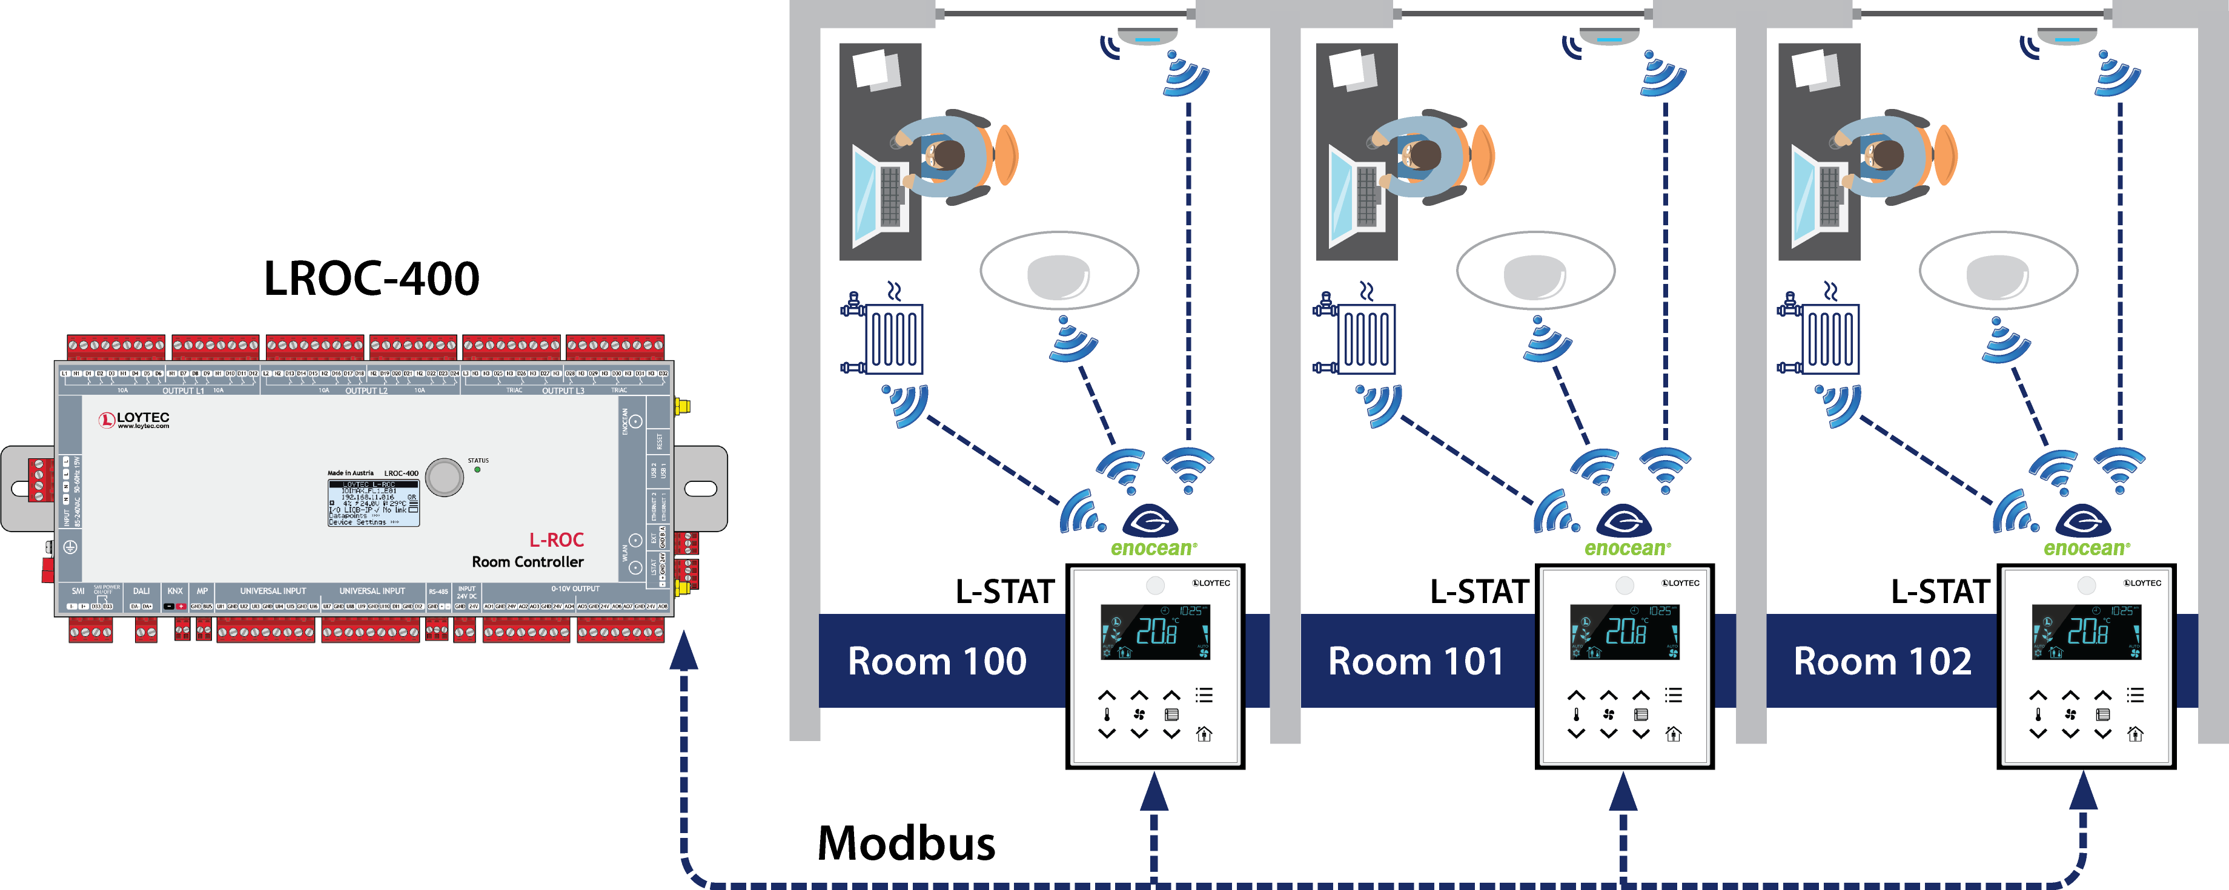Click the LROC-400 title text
coord(371,279)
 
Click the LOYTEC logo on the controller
coord(134,420)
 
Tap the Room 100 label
coord(936,662)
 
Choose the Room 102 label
coord(1882,662)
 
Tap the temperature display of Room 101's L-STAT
coord(1625,632)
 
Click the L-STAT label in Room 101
coord(1478,592)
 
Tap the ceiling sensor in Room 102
coord(2066,37)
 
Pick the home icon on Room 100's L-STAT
coord(1204,734)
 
